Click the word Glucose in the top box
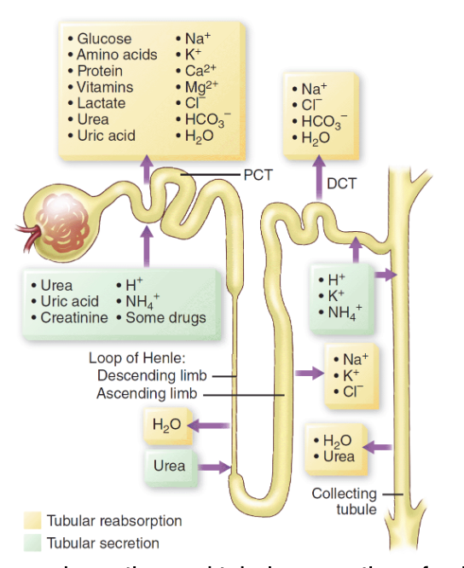point(104,38)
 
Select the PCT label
point(258,175)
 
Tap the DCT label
point(341,183)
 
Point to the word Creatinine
point(74,317)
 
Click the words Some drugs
point(165,317)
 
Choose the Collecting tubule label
point(344,501)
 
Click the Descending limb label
point(153,375)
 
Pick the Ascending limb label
point(146,393)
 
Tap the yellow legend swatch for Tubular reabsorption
point(33,520)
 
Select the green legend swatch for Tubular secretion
point(33,542)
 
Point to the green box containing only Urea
point(169,467)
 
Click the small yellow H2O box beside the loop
point(167,425)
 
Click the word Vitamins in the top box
point(105,87)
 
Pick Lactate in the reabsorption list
point(101,103)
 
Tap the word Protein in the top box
point(100,71)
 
